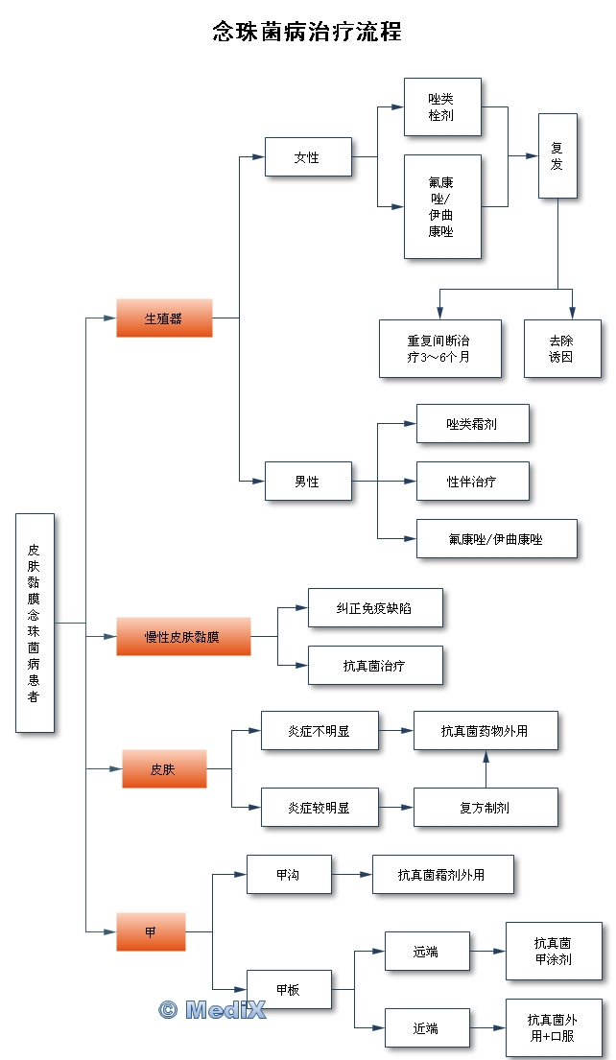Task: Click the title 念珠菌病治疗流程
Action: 307,33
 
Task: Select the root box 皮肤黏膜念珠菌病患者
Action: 35,623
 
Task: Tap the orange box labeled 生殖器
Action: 164,318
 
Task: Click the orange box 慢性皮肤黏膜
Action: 183,636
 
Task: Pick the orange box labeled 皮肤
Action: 164,768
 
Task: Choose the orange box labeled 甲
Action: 151,931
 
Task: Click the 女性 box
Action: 308,156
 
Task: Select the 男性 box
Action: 308,481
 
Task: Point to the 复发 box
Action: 557,155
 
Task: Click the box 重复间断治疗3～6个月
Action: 439,348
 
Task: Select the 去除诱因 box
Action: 562,348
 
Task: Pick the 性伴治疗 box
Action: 472,481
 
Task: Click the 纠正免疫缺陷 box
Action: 375,607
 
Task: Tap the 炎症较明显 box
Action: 320,807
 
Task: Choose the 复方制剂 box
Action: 486,807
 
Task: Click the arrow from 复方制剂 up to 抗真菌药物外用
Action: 486,768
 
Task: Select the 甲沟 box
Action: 289,874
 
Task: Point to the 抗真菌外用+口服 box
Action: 554,1027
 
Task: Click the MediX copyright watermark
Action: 211,1008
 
